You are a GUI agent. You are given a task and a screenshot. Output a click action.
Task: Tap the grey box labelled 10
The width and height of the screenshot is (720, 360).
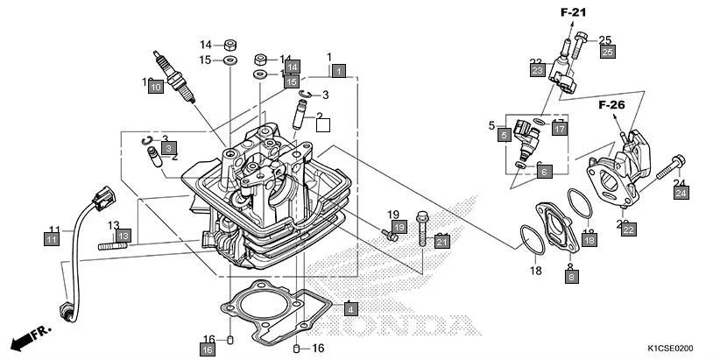pos(155,87)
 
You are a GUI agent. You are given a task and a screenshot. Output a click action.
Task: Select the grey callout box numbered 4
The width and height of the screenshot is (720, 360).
pos(350,308)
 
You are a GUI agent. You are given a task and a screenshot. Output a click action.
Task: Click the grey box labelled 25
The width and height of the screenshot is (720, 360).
pos(607,53)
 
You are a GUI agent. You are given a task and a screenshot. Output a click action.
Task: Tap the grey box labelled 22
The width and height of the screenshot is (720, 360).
pos(628,229)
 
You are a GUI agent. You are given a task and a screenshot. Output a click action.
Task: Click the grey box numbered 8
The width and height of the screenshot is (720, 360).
pos(571,276)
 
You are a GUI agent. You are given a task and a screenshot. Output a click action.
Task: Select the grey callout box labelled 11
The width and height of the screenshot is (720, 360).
pos(53,238)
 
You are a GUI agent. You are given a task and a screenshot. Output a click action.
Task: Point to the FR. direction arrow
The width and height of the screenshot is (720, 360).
pos(28,337)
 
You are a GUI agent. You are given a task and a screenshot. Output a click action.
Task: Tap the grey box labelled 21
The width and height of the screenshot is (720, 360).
pos(442,241)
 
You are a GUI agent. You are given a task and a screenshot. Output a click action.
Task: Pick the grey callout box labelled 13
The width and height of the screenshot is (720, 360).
pos(124,236)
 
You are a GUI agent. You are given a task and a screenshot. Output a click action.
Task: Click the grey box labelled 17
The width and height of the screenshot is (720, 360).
pos(560,128)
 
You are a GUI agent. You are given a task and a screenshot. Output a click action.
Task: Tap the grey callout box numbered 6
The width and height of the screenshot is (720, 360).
pos(544,172)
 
